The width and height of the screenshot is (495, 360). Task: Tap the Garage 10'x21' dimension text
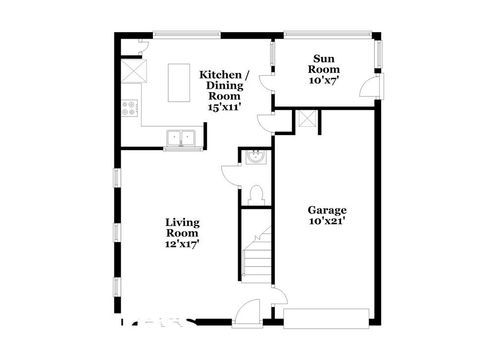coord(326,221)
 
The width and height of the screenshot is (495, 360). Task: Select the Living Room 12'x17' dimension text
coord(182,244)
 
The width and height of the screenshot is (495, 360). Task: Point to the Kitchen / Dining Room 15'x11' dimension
coord(224,106)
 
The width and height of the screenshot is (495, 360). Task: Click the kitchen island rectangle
coord(179,83)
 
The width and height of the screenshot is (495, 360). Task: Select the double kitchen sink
coord(181,138)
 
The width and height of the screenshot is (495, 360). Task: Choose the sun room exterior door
coord(369,87)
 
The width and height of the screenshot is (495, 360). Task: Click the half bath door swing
coord(230,176)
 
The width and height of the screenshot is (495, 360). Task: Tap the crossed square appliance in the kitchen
coord(134,70)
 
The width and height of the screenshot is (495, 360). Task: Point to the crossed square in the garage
coord(306,119)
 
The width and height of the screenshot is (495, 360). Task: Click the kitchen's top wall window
coord(186,35)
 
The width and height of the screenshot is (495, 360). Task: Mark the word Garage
coord(327,210)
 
